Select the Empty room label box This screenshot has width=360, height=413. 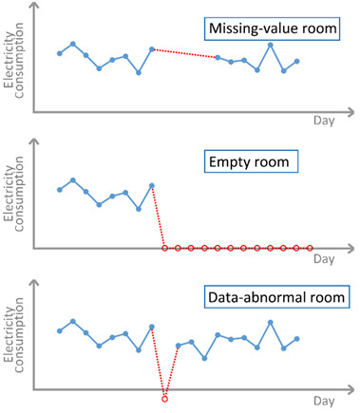pyautogui.click(x=251, y=163)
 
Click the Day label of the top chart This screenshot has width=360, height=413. pyautogui.click(x=324, y=121)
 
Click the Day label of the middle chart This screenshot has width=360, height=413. pyautogui.click(x=324, y=258)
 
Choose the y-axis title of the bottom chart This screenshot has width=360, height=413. pyautogui.click(x=14, y=332)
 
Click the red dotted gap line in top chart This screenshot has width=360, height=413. pyautogui.click(x=185, y=53)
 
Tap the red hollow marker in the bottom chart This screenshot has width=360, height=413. pyautogui.click(x=165, y=397)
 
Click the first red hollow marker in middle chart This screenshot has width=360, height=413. pyautogui.click(x=165, y=249)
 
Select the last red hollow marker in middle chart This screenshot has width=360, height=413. pyautogui.click(x=310, y=249)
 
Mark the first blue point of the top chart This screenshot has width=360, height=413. pyautogui.click(x=60, y=53)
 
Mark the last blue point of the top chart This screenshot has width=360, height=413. pyautogui.click(x=297, y=62)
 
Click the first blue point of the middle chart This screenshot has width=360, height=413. pyautogui.click(x=60, y=190)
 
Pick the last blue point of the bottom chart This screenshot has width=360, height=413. pyautogui.click(x=297, y=339)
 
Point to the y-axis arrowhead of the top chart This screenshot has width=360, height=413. pyautogui.click(x=35, y=7)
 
